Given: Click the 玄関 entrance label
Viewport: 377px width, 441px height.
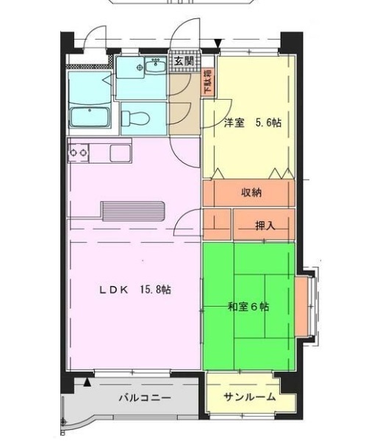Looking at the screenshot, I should [184, 62].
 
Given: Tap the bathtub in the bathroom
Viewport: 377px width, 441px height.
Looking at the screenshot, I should [89, 117].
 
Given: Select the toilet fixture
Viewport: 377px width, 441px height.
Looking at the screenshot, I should [136, 117].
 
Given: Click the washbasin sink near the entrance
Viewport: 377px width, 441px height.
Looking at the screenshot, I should [156, 68].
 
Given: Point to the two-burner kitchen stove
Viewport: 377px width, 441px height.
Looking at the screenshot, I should [79, 153].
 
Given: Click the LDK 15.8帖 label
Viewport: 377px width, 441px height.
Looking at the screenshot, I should [135, 289].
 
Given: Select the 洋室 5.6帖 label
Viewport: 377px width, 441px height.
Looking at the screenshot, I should [252, 123].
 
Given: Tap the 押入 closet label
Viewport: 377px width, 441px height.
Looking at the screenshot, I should [265, 225].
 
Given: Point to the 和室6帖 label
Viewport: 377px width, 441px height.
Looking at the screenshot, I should [248, 306].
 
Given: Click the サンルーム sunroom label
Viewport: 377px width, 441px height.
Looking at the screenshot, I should [250, 397].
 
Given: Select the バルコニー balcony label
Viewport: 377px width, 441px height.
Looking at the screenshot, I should [145, 398].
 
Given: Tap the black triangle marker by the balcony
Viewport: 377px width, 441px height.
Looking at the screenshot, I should [87, 382].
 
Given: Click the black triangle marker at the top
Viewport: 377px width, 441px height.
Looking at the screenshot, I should [218, 44].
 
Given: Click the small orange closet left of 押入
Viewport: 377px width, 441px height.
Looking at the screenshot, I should [217, 225].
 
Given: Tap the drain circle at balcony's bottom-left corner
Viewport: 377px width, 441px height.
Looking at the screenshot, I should [65, 422].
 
